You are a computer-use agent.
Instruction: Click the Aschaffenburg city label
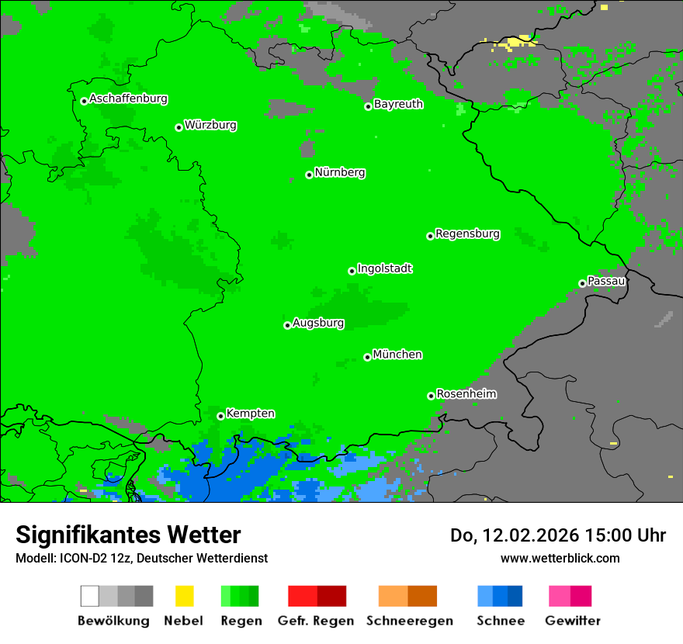coord(128,99)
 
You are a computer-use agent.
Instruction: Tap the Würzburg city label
coord(210,126)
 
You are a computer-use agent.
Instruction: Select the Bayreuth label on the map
coord(398,104)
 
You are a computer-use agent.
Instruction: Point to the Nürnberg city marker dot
coord(309,175)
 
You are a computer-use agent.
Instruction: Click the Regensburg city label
coord(467,234)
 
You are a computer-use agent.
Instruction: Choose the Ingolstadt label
coord(384,269)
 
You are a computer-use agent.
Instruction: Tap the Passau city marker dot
coord(582,283)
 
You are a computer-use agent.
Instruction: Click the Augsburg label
coord(318,324)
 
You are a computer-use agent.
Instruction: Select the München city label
coord(397,355)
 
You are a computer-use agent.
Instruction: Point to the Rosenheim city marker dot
coord(431,396)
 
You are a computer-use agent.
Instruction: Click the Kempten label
coord(250,414)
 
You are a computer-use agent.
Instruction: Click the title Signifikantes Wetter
coord(128,535)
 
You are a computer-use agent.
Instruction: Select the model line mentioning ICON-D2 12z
coord(141,559)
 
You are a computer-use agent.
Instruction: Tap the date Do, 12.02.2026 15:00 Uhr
coord(558,535)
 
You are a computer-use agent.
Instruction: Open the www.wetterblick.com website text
coord(560,559)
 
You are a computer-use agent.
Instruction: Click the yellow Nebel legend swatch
coord(184,596)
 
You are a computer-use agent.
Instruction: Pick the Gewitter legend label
coord(572,621)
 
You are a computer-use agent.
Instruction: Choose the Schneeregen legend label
coord(409,621)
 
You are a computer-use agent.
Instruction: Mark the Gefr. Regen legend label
coord(317,621)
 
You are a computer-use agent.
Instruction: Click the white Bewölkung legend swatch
coord(90,596)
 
